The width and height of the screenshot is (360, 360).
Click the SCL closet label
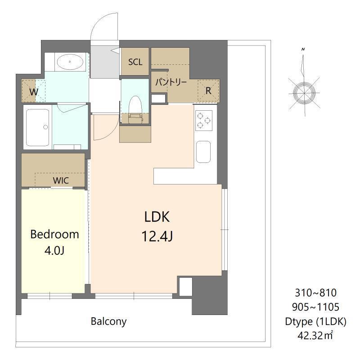pos(135,62)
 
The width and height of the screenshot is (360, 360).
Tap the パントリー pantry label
pos(171,82)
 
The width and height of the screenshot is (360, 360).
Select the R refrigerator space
pos(208,91)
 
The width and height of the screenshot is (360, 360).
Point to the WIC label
pos(61,180)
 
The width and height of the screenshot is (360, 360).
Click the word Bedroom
pos(54,234)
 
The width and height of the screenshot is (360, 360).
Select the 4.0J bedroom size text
pos(54,251)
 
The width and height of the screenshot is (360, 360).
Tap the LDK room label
pos(157,217)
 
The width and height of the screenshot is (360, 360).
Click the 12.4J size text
pos(157,237)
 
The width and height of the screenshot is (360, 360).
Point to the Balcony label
pos(108,322)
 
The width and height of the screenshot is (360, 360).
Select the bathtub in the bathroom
pos(38,128)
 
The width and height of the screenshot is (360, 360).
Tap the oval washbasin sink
pos(70,62)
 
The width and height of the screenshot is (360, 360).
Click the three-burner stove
pos(203,121)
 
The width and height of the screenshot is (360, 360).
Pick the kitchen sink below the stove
pos(203,152)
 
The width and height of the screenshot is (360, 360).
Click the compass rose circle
pos(304,93)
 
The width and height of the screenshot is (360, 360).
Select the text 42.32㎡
pos(315,335)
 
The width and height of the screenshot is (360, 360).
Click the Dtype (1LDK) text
pos(316,321)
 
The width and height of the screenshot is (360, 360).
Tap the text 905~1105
pos(316,307)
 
